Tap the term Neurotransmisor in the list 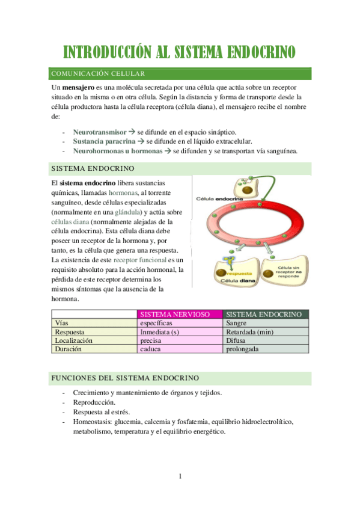tap(99, 132)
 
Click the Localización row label tap(73, 340)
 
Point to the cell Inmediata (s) tap(159, 331)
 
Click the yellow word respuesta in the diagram tap(240, 272)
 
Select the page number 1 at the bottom tap(180, 476)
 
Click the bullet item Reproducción tap(94, 402)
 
